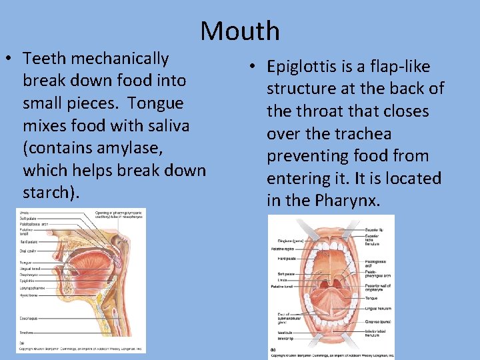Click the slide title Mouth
coord(240,31)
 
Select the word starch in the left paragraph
coord(47,193)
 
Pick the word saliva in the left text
coord(171,125)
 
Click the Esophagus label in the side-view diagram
coord(28,319)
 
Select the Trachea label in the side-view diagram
coord(27,333)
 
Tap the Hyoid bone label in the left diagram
coord(28,294)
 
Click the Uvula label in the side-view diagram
coord(24,213)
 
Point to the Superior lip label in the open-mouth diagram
coord(374,229)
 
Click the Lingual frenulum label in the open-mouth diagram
coord(377,309)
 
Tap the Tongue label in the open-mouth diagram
coord(371,298)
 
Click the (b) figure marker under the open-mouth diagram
coord(273,349)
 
